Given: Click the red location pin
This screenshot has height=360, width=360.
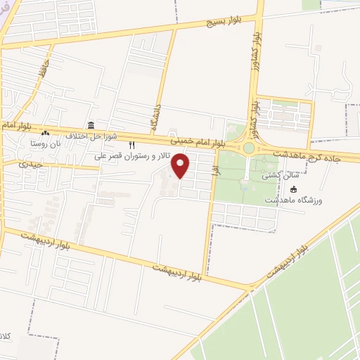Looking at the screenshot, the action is pos(181,166).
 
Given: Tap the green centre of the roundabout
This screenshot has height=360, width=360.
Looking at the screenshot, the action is pos(249,148).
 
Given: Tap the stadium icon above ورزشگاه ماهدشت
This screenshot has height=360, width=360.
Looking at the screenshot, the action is pos(294,190).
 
